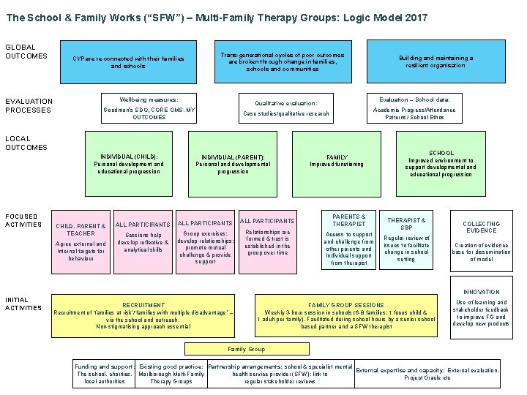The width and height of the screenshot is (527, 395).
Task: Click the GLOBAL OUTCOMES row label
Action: pos(26,51)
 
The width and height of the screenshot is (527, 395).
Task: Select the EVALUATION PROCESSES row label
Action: pos(29,105)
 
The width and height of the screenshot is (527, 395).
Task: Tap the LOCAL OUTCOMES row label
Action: pos(26,143)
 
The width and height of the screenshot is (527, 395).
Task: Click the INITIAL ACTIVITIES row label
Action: pos(23,304)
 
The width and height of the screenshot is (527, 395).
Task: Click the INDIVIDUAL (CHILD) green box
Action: pos(129,165)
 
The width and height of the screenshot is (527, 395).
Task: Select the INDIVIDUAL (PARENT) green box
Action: pos(233,165)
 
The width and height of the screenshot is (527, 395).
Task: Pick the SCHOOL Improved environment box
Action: pos(441,165)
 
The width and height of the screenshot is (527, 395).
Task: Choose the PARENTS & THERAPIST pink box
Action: pos(349,241)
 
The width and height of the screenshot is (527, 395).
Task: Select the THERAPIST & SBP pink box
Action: pos(406,241)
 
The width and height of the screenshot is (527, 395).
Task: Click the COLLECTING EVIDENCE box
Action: pos(482,241)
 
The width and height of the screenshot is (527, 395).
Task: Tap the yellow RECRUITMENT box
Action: pos(143,315)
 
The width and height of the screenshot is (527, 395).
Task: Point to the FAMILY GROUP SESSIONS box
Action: pos(345,315)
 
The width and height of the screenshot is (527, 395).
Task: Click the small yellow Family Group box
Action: pos(247,349)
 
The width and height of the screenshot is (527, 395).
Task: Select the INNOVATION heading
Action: pos(481,292)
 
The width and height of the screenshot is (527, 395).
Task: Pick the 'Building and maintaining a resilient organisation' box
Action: pos(436,61)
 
